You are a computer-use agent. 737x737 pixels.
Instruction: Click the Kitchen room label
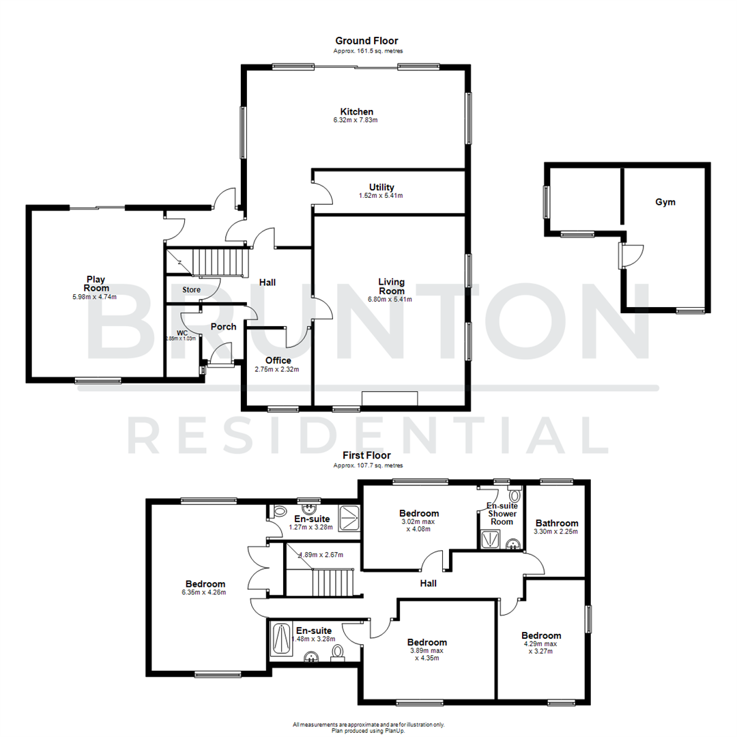(x=357, y=111)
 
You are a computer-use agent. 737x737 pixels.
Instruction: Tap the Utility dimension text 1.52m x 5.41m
(x=381, y=196)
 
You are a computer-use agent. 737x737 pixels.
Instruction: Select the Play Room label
(x=96, y=283)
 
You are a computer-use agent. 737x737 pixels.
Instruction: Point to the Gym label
(x=665, y=202)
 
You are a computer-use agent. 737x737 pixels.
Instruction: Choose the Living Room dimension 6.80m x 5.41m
(x=392, y=299)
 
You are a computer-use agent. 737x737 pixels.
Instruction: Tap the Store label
(x=191, y=290)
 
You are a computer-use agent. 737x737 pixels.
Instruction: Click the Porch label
(x=223, y=327)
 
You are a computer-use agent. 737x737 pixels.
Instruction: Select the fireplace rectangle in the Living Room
(x=389, y=399)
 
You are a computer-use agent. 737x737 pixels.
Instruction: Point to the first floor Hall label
(x=428, y=583)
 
